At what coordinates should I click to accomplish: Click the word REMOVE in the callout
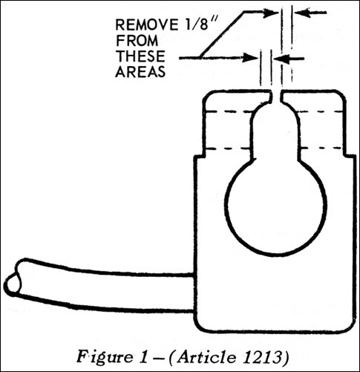[147, 25]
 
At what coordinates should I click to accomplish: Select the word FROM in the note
[137, 41]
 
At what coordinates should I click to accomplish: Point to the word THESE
[140, 56]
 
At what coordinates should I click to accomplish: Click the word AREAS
[140, 72]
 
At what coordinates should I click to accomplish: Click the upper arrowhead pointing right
[271, 13]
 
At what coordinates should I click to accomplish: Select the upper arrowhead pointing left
[303, 13]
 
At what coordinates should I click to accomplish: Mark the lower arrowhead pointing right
[250, 58]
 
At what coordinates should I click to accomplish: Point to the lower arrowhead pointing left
[282, 59]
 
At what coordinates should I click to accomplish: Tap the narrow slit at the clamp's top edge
[276, 97]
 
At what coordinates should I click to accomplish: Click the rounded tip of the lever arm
[12, 284]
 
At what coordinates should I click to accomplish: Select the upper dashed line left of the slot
[229, 111]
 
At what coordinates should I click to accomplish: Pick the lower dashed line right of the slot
[321, 149]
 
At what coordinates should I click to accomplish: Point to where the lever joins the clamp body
[195, 293]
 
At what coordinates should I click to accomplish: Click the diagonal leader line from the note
[223, 34]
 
